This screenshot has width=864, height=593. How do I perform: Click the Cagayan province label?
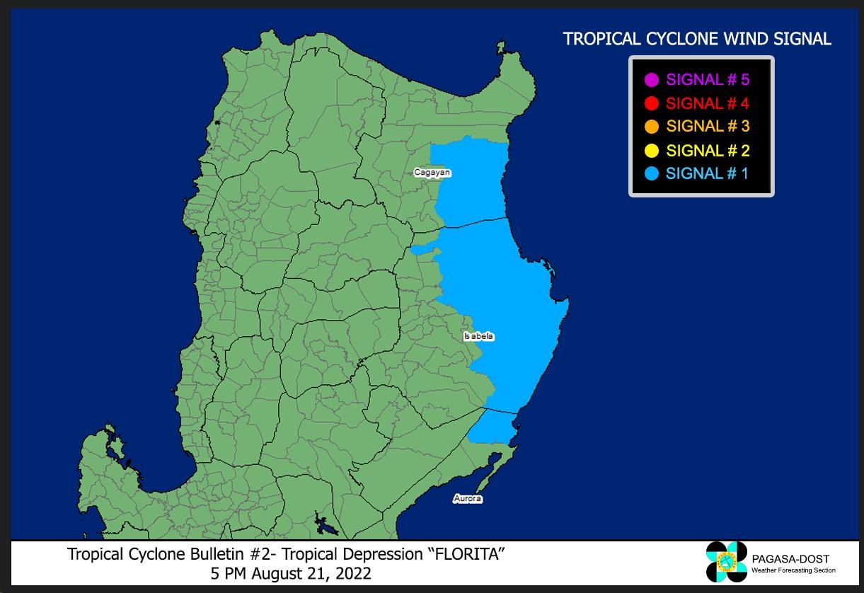432,173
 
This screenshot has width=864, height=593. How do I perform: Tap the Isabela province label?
479,336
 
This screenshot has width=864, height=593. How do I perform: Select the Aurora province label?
468,499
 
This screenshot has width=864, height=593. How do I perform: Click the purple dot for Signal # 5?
652,80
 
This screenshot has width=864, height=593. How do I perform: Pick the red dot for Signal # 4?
652,103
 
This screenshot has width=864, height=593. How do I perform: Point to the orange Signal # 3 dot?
652,127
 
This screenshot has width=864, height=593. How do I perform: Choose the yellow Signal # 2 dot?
652,150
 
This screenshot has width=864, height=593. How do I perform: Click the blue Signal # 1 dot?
652,173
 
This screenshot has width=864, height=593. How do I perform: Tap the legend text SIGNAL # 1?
707,173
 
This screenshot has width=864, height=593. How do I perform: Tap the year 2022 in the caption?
352,572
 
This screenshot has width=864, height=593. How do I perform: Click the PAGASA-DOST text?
791,559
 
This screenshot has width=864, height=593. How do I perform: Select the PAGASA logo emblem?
726,562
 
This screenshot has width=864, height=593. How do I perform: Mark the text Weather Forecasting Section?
793,570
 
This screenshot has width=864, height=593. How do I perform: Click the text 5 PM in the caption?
226,572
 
